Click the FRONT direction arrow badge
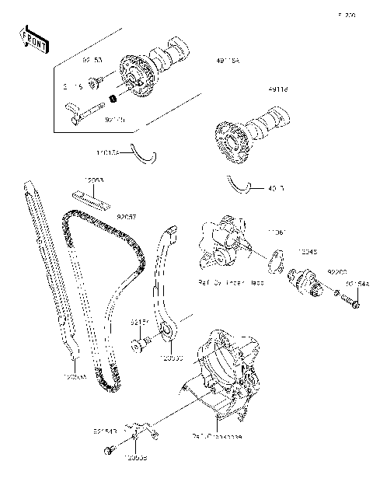32,39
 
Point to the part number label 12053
94,180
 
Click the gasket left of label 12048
274,261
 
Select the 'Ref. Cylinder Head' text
229,282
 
